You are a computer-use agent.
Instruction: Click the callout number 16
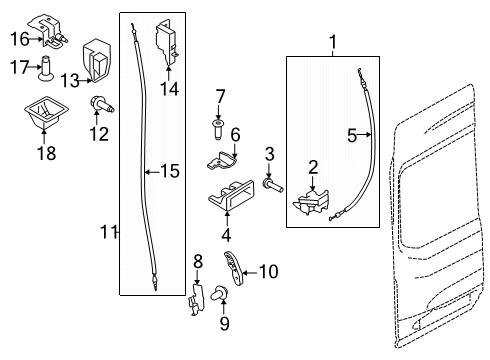(20, 39)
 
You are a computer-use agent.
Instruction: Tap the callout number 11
(108, 232)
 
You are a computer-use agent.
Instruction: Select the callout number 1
(333, 42)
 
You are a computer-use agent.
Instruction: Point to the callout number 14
(169, 89)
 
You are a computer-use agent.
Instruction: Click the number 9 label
(225, 323)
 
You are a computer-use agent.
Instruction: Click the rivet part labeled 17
(45, 68)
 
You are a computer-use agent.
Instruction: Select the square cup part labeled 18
(46, 113)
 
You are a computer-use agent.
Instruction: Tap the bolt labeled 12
(101, 104)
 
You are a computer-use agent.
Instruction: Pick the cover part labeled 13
(96, 61)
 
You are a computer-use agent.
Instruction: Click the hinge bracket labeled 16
(48, 31)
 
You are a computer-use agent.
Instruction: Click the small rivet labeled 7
(218, 130)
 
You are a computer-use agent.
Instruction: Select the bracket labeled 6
(222, 161)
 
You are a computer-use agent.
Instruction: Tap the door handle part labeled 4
(231, 196)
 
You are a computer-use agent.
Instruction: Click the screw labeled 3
(273, 185)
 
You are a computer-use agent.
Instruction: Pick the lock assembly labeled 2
(311, 202)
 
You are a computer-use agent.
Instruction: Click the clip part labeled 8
(197, 299)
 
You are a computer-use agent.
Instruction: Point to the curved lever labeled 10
(233, 268)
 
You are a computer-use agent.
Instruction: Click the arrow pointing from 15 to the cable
(153, 172)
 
